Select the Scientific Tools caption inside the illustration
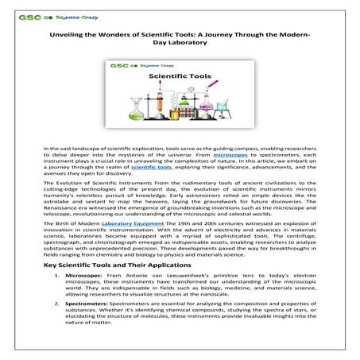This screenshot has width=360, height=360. [x=164, y=77]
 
